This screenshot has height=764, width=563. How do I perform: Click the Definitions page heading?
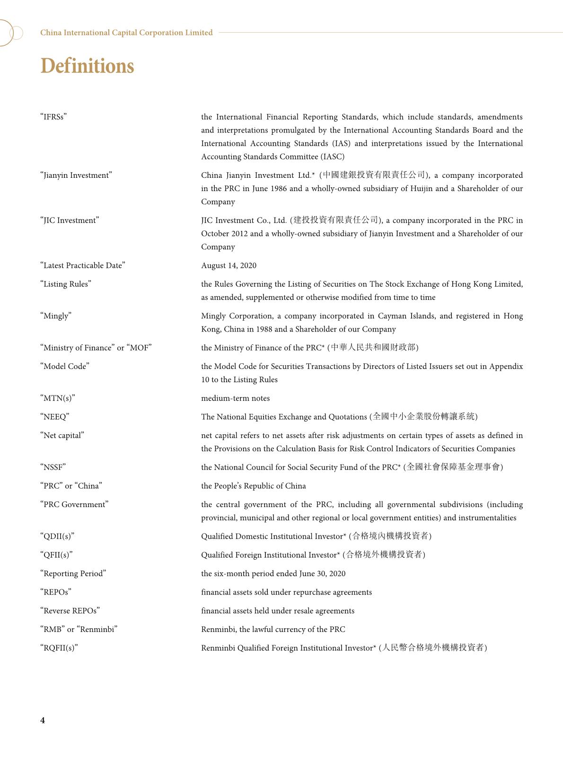[x=87, y=66]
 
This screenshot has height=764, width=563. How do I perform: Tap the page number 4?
[x=43, y=720]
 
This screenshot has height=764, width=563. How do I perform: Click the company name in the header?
[x=126, y=33]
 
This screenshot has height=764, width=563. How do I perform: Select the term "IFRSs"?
[x=53, y=117]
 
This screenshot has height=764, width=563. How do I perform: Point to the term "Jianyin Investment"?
[x=76, y=175]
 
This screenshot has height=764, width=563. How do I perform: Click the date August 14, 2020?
[x=229, y=265]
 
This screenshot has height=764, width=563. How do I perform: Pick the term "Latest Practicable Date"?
[x=83, y=265]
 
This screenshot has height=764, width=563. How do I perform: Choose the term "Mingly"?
[x=56, y=316]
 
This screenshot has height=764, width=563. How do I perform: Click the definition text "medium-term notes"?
[x=235, y=398]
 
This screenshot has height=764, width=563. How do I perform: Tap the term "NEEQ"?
[x=55, y=417]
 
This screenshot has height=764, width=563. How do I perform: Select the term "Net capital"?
[x=62, y=435]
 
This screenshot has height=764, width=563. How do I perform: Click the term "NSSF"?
[x=53, y=467]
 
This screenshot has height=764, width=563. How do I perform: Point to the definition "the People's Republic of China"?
[x=253, y=486]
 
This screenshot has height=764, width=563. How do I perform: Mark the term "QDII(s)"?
[x=57, y=536]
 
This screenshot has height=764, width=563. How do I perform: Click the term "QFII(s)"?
[x=56, y=555]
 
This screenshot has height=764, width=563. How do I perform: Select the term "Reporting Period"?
[x=73, y=573]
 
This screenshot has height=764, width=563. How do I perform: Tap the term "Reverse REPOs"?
[x=70, y=611]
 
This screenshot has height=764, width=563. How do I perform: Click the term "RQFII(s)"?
[x=59, y=648]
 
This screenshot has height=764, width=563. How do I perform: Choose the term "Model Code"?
[x=65, y=366]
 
